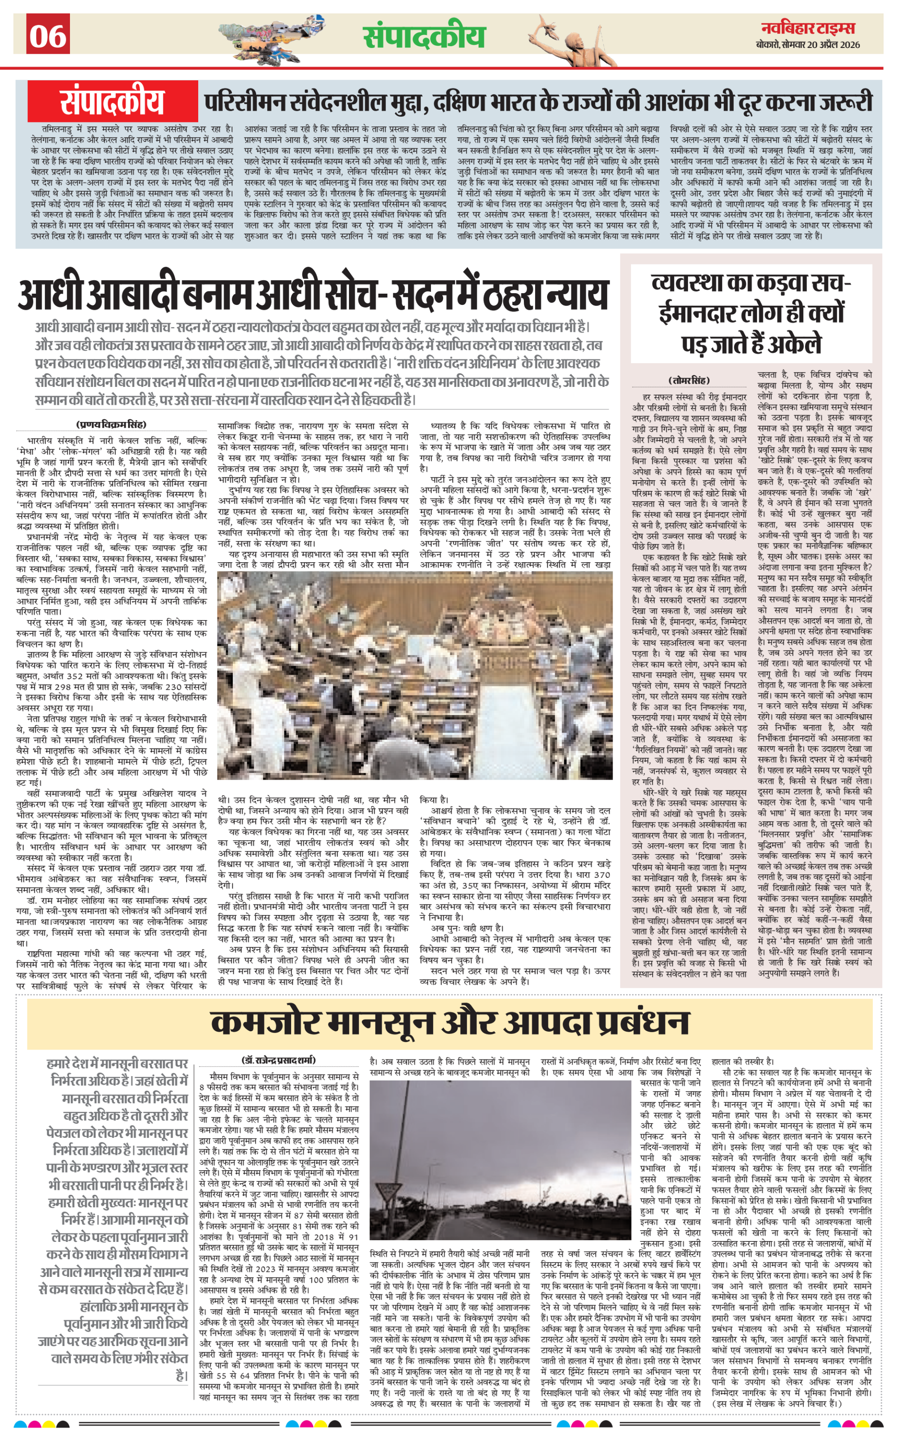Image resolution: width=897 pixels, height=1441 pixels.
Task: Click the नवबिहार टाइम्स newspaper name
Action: [808, 27]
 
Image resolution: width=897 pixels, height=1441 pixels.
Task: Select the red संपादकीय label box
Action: [112, 102]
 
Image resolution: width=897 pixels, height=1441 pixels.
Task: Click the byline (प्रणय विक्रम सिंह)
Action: [111, 425]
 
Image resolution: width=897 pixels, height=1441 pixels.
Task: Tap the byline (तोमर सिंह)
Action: [689, 380]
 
